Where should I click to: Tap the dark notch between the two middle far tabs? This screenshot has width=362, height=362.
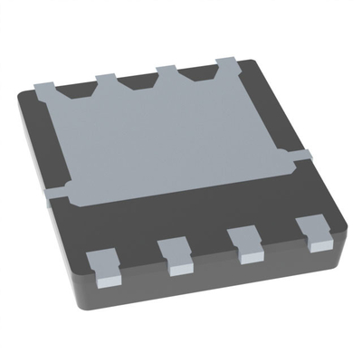137,81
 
